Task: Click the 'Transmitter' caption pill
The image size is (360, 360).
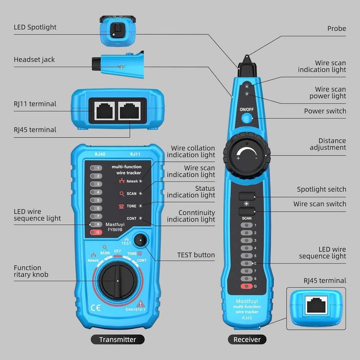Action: (x=117, y=339)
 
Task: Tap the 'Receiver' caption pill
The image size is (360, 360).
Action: (x=247, y=339)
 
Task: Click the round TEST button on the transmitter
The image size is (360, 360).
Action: (x=140, y=239)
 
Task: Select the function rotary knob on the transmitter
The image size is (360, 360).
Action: (x=117, y=281)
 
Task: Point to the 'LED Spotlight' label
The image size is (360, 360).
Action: (x=35, y=27)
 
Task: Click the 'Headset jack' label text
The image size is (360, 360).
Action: (x=34, y=60)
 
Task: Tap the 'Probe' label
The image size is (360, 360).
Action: (x=336, y=29)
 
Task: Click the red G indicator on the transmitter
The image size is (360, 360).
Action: (x=96, y=232)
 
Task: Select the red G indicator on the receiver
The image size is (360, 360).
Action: (x=247, y=286)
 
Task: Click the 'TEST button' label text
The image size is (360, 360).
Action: (x=196, y=255)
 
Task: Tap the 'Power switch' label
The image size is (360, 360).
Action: (x=325, y=111)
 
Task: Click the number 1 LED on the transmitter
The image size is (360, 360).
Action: (x=96, y=168)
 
